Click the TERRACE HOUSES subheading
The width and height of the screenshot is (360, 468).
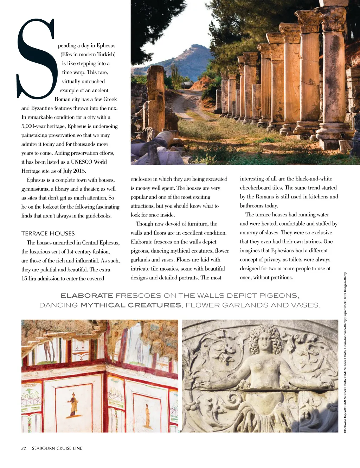tap(48, 233)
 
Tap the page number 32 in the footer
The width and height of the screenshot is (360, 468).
tap(24, 448)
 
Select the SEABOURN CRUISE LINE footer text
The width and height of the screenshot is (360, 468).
tap(57, 448)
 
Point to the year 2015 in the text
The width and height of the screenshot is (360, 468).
tap(79, 171)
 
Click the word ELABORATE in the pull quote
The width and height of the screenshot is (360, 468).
tap(87, 296)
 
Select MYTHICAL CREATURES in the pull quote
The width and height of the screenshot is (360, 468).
tap(131, 305)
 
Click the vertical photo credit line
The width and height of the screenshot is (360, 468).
tap(345, 352)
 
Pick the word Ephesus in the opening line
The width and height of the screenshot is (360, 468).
tap(106, 45)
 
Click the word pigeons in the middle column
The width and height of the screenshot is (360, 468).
tap(139, 251)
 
